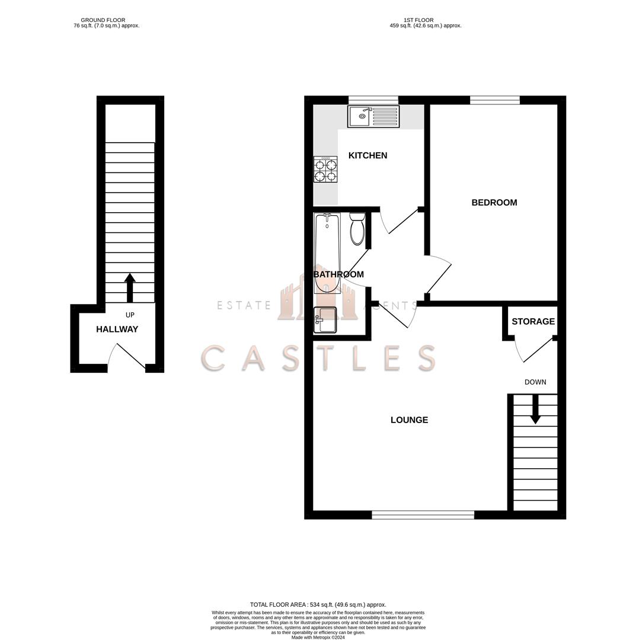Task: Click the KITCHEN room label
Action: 367,155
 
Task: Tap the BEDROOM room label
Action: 494,203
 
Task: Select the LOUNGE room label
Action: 409,420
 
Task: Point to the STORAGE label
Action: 533,322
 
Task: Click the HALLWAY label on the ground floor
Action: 117,329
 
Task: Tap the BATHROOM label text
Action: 338,274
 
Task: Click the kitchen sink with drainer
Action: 373,116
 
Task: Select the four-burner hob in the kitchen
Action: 325,169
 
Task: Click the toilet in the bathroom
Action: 357,229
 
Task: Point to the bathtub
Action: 327,253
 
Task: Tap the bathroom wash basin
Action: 325,320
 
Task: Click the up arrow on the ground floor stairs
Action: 130,287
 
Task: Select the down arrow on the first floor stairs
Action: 535,409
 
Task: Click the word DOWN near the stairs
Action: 535,382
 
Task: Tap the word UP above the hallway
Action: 130,315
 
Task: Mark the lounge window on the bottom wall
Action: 423,515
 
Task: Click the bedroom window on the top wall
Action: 494,100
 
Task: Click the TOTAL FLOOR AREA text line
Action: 318,605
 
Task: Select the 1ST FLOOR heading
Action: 418,20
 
